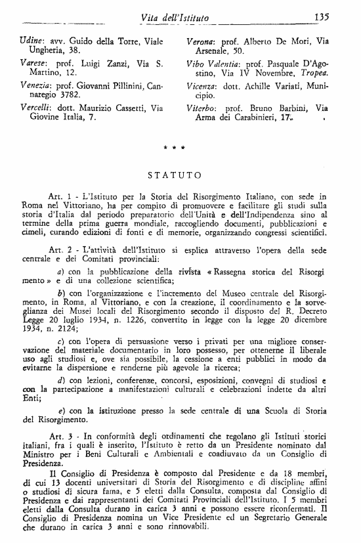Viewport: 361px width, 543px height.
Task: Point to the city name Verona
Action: point(192,41)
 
